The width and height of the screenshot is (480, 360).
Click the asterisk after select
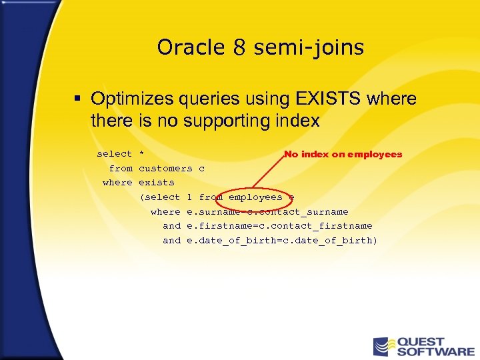(141, 154)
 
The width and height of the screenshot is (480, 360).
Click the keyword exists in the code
(156, 182)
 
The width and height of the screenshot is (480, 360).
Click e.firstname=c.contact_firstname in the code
(279, 226)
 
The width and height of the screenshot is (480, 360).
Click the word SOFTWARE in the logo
(436, 351)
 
